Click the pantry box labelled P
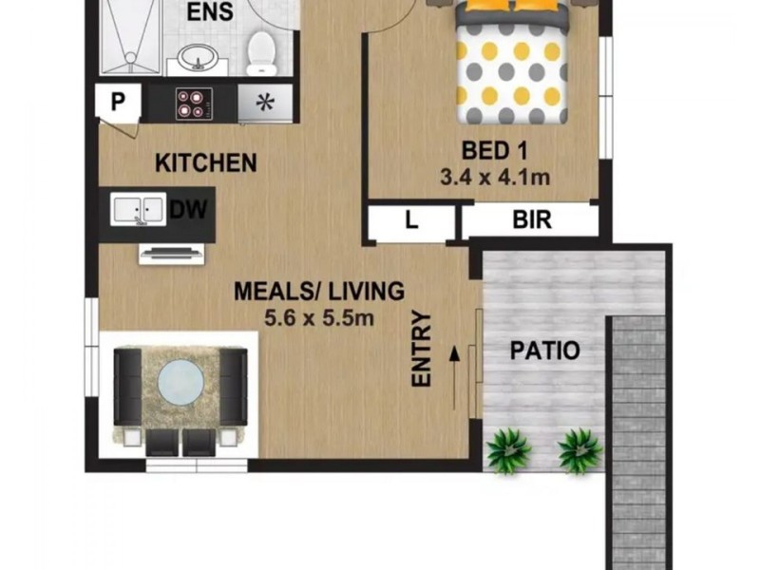click(119, 102)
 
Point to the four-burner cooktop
click(193, 103)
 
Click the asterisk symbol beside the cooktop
click(266, 103)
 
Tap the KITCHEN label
click(206, 162)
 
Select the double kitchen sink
click(138, 209)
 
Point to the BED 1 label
click(495, 150)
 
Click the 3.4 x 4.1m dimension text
click(495, 177)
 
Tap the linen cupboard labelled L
click(411, 221)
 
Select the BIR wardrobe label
click(532, 221)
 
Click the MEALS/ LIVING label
click(319, 291)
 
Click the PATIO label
click(545, 350)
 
